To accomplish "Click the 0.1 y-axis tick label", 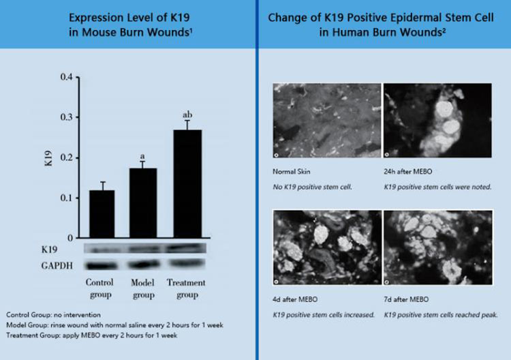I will point(65,198).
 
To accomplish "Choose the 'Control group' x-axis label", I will point(101,289).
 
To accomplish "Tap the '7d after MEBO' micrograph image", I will point(437,247).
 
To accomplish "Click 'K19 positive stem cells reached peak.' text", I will point(439,314).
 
